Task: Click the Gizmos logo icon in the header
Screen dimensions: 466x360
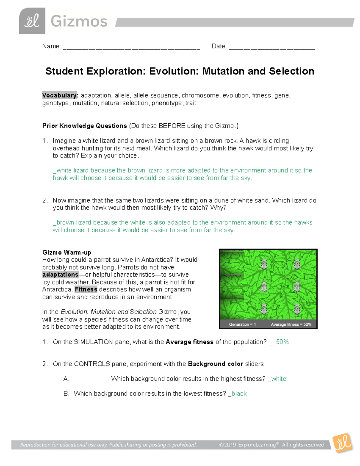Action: (32, 21)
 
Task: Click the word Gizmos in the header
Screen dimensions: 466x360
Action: (79, 22)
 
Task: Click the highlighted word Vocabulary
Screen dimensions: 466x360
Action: (60, 95)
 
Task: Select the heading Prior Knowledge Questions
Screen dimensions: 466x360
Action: (85, 126)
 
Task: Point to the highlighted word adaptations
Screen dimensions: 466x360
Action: (60, 275)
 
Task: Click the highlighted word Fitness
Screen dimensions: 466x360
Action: (86, 289)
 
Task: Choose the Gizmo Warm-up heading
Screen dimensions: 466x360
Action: (67, 252)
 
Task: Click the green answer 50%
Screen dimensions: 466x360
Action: (282, 342)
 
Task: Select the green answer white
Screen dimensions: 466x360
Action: (278, 379)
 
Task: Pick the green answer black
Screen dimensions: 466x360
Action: (239, 393)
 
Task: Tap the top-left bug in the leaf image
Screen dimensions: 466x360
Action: (264, 264)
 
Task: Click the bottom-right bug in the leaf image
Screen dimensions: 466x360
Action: (297, 308)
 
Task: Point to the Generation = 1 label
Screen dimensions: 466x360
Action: (242, 324)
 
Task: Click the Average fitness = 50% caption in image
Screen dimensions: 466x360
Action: (291, 324)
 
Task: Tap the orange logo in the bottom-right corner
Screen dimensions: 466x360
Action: (343, 443)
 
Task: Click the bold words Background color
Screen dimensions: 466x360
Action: (215, 364)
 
